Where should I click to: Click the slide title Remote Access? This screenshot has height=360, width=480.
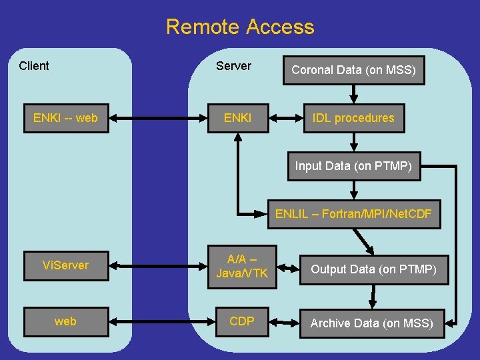click(240, 27)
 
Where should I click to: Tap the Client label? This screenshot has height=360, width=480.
click(34, 65)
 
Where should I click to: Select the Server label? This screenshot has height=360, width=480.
click(233, 65)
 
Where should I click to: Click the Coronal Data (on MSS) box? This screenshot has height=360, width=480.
click(354, 70)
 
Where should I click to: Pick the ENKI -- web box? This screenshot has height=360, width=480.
click(65, 118)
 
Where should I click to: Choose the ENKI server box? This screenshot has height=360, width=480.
click(238, 118)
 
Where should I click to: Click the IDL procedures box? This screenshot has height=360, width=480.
click(354, 118)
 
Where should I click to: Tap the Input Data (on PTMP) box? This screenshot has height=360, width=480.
click(354, 166)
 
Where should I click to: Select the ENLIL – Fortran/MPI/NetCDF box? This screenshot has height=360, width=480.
click(354, 214)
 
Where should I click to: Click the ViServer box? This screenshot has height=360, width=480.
click(65, 265)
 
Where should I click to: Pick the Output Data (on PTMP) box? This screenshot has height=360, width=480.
click(373, 269)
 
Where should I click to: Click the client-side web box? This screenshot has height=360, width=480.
click(65, 321)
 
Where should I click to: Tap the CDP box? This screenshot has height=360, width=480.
click(242, 321)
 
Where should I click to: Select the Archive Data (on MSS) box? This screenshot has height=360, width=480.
click(372, 323)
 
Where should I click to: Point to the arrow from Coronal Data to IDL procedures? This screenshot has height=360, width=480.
click(354, 94)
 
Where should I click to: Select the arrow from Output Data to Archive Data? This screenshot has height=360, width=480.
click(373, 295)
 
